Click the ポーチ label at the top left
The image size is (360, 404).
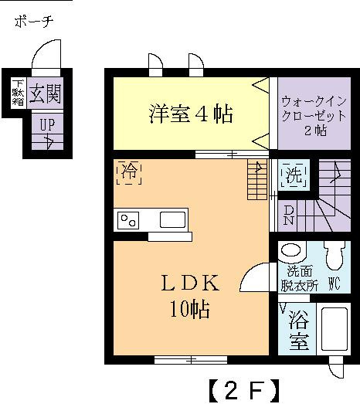34,22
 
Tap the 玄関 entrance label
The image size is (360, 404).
45,93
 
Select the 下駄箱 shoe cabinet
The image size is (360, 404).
19,93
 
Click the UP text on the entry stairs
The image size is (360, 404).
47,124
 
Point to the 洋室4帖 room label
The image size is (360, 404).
191,114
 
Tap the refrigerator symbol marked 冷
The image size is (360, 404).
129,172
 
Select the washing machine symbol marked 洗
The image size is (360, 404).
294,175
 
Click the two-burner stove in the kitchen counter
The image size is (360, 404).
128,221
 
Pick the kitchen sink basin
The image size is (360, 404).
172,219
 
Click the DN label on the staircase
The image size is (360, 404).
289,216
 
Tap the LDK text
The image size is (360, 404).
190,283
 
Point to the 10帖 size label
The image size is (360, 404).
190,309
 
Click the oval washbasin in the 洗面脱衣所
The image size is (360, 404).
291,250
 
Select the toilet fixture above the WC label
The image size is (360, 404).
335,256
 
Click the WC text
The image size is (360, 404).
335,284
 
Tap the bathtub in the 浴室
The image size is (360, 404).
335,329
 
